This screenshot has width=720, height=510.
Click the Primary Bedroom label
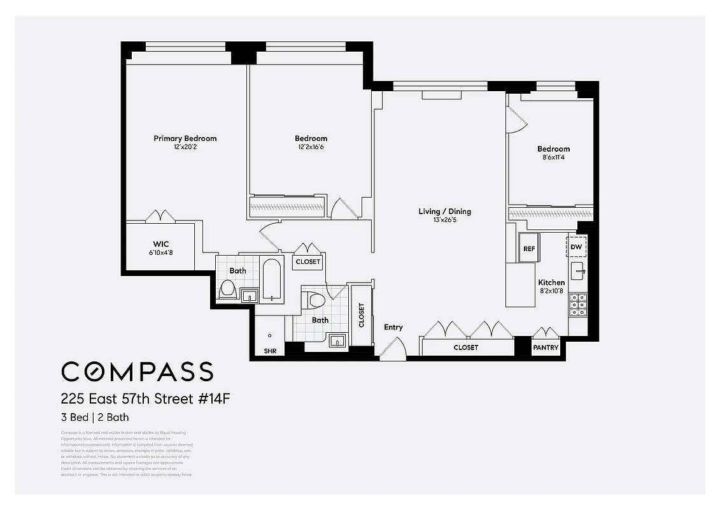click(x=185, y=138)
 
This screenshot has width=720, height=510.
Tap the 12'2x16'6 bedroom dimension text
click(x=311, y=147)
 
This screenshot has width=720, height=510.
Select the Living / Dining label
click(x=444, y=212)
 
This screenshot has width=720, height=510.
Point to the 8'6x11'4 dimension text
click(x=553, y=158)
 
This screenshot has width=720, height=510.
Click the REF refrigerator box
click(x=529, y=249)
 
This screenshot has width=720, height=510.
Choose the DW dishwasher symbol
click(x=576, y=247)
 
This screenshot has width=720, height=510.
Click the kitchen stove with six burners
click(x=578, y=305)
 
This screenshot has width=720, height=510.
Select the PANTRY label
click(x=546, y=347)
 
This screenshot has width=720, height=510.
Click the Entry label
click(x=393, y=327)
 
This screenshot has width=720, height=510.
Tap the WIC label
click(x=160, y=244)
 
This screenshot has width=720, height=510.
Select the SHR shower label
click(x=270, y=351)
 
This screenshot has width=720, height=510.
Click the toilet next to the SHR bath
click(x=315, y=300)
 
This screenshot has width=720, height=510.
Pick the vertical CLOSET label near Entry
click(x=362, y=315)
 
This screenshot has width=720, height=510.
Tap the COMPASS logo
click(x=137, y=371)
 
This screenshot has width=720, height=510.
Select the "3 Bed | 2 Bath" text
click(x=95, y=418)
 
